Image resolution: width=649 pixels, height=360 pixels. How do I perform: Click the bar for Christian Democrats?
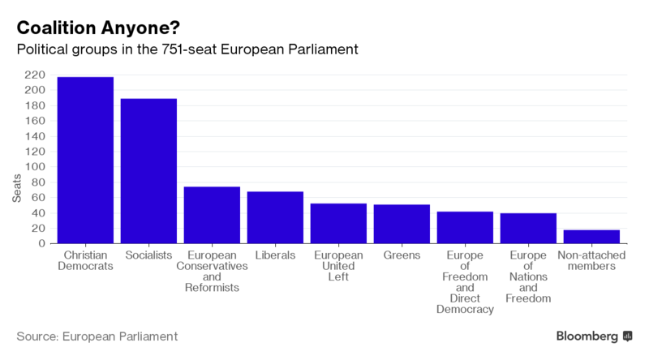[85, 161]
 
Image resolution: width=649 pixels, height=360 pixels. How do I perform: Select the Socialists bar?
[148, 171]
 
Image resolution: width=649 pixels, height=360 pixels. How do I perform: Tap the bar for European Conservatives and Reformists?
[212, 215]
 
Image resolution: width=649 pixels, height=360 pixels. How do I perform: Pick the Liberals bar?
[275, 217]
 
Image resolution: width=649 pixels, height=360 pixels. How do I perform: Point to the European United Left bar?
[338, 224]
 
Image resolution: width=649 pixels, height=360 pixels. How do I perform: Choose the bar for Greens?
[402, 224]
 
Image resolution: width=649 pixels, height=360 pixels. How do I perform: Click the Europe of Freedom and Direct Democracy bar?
[465, 228]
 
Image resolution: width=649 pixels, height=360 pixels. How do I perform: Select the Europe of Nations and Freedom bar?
[528, 229]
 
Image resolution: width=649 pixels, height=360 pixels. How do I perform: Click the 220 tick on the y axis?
[40, 75]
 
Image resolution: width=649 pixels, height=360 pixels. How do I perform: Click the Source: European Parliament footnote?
[97, 336]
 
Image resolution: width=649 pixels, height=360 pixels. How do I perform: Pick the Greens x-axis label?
[402, 255]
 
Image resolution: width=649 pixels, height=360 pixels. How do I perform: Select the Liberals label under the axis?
[275, 255]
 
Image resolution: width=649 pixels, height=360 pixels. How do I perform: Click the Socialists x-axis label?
[148, 255]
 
